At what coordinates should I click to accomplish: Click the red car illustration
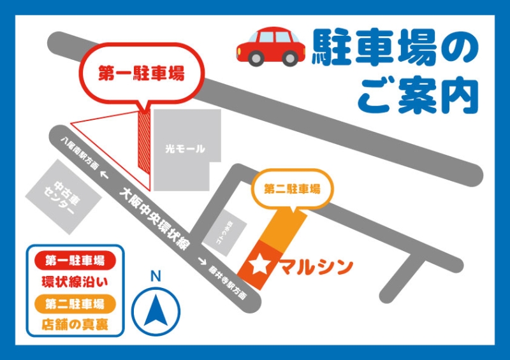271,46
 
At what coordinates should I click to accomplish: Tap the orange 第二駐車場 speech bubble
291,189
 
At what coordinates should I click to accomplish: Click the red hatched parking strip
144,140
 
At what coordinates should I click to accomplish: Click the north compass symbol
156,310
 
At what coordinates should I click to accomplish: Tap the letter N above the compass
155,277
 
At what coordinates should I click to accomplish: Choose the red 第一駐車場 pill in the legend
75,260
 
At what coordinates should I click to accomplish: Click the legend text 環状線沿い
75,281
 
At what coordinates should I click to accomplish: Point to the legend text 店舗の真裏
75,323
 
